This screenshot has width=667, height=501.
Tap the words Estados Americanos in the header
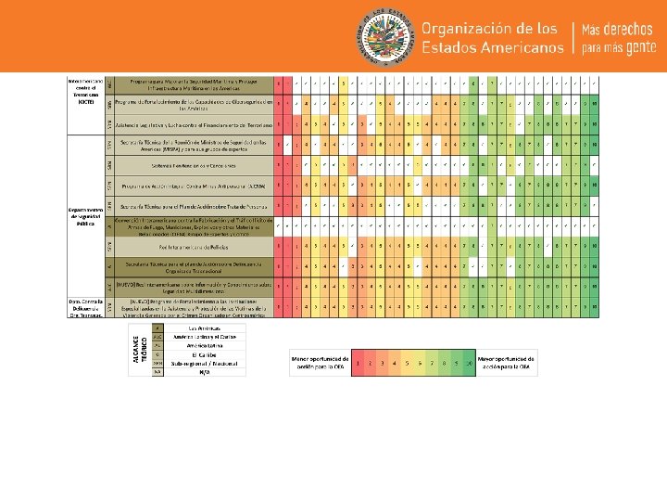492,46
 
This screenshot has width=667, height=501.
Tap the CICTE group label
85,94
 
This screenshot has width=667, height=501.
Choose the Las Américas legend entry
198,328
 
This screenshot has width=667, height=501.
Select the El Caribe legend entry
198,354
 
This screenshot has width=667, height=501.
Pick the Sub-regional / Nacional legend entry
198,363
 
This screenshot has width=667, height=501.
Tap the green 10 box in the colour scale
470,363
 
